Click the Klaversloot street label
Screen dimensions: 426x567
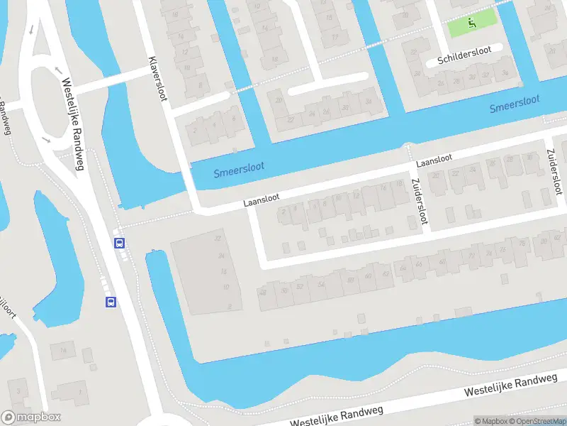pyautogui.click(x=157, y=79)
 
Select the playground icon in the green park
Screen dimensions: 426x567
pyautogui.click(x=472, y=24)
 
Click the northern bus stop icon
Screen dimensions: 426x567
pyautogui.click(x=120, y=243)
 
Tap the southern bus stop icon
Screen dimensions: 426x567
pyautogui.click(x=111, y=302)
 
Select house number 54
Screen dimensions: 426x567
pyautogui.click(x=322, y=284)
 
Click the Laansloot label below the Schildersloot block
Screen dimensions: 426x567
pyautogui.click(x=434, y=160)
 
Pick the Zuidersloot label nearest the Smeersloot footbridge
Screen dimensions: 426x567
pyautogui.click(x=418, y=202)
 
